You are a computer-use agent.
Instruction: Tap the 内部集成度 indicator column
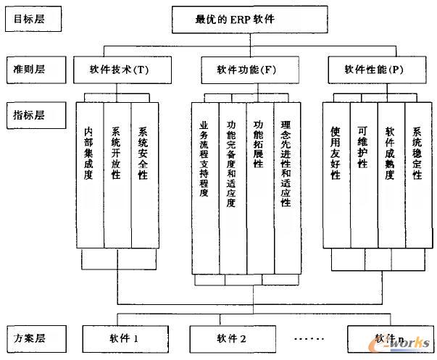click(x=89, y=174)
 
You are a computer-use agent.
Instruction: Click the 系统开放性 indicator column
click(x=117, y=174)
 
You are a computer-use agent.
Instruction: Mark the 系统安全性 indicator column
click(x=144, y=174)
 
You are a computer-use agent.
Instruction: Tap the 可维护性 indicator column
click(x=362, y=174)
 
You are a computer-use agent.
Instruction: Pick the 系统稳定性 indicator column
click(x=417, y=174)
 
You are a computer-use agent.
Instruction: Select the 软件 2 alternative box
click(x=232, y=338)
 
